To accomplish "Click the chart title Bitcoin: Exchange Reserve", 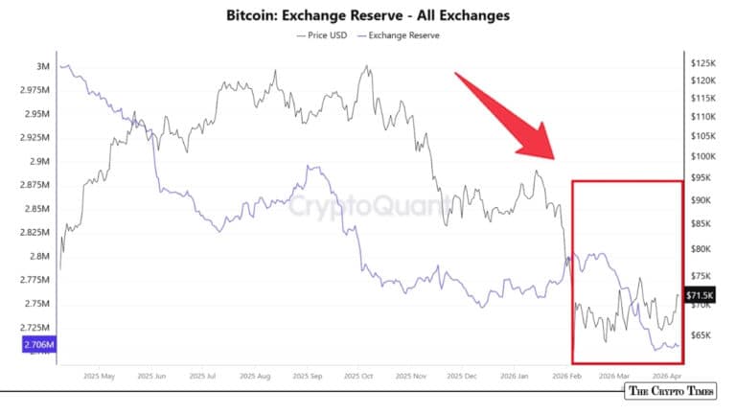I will tap(367, 15).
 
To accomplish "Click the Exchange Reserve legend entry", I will tap(401, 35).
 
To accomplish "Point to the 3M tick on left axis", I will tap(43, 66).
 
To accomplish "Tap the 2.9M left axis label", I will tap(39, 161).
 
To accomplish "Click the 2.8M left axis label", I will tap(39, 256).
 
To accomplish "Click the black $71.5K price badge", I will tap(700, 296).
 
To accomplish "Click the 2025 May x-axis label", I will tap(100, 377).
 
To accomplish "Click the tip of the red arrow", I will tap(555, 158).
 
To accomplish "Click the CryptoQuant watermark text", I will tap(369, 205).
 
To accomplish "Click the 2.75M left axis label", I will tap(37, 304).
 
